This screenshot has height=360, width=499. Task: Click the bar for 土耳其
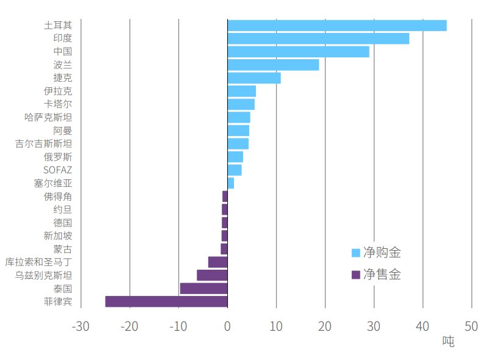point(337,26)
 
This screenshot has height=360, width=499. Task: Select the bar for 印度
point(318,38)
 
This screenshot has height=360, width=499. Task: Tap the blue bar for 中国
point(298,52)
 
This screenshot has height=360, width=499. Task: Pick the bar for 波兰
point(273,65)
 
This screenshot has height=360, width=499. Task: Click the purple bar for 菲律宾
point(166,301)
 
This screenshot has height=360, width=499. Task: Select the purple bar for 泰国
point(203,288)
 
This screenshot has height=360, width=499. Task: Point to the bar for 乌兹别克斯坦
point(212,275)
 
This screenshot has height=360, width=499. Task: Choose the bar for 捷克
point(253,78)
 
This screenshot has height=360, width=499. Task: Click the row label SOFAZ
point(57,170)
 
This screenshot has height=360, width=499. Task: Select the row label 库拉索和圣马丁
point(38,262)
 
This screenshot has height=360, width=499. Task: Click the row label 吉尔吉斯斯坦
point(43,144)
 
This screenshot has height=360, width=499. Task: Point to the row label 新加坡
point(57,236)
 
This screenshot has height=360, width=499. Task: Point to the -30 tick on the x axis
point(81,326)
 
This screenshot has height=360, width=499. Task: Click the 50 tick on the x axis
point(471,326)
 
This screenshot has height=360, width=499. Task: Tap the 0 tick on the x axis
point(227,326)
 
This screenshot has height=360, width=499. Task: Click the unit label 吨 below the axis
point(448,342)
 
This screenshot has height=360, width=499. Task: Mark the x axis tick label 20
point(325,326)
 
